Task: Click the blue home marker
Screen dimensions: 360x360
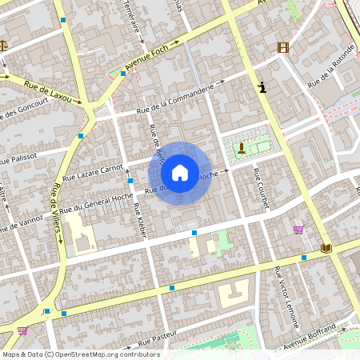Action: coord(180,172)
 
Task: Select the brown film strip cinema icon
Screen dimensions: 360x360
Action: coord(282,47)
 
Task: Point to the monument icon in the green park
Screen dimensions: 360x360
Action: coord(242,147)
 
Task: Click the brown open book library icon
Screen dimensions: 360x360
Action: coord(326,248)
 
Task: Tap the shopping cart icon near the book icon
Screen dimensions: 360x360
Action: coord(298,230)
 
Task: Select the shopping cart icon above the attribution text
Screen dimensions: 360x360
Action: coord(22,330)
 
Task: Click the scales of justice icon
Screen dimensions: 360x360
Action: coord(2,46)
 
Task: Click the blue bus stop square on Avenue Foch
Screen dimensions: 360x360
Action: coord(123,74)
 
